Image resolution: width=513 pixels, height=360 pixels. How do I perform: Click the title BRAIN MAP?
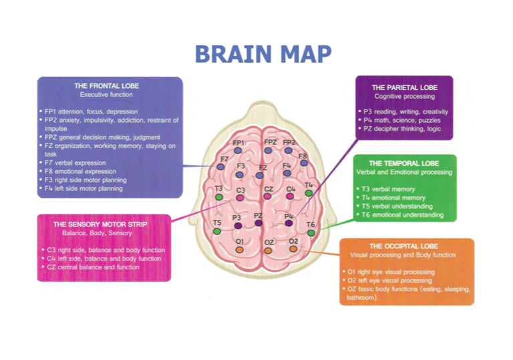point(263,53)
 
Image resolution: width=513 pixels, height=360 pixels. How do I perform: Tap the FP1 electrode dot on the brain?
point(238,151)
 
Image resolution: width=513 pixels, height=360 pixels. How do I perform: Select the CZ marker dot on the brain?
point(268,197)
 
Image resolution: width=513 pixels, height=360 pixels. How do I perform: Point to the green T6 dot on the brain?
point(311,233)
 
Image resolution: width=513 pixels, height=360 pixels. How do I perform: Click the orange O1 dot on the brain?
point(239,249)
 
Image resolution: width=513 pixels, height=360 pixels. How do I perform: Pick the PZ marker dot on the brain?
point(259,223)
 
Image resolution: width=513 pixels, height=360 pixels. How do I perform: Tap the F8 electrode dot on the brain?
point(304,163)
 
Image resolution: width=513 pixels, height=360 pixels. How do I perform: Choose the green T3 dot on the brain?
point(218,197)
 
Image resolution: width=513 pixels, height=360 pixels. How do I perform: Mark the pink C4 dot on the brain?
point(291,197)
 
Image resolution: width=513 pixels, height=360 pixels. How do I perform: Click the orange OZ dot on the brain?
point(268,250)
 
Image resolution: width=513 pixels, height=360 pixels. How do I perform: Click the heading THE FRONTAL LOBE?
point(109,86)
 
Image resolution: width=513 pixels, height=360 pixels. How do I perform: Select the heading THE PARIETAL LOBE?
point(403,87)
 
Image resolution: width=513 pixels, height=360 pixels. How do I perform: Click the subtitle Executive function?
point(109,95)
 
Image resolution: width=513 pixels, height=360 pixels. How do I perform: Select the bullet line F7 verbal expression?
point(75,162)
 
